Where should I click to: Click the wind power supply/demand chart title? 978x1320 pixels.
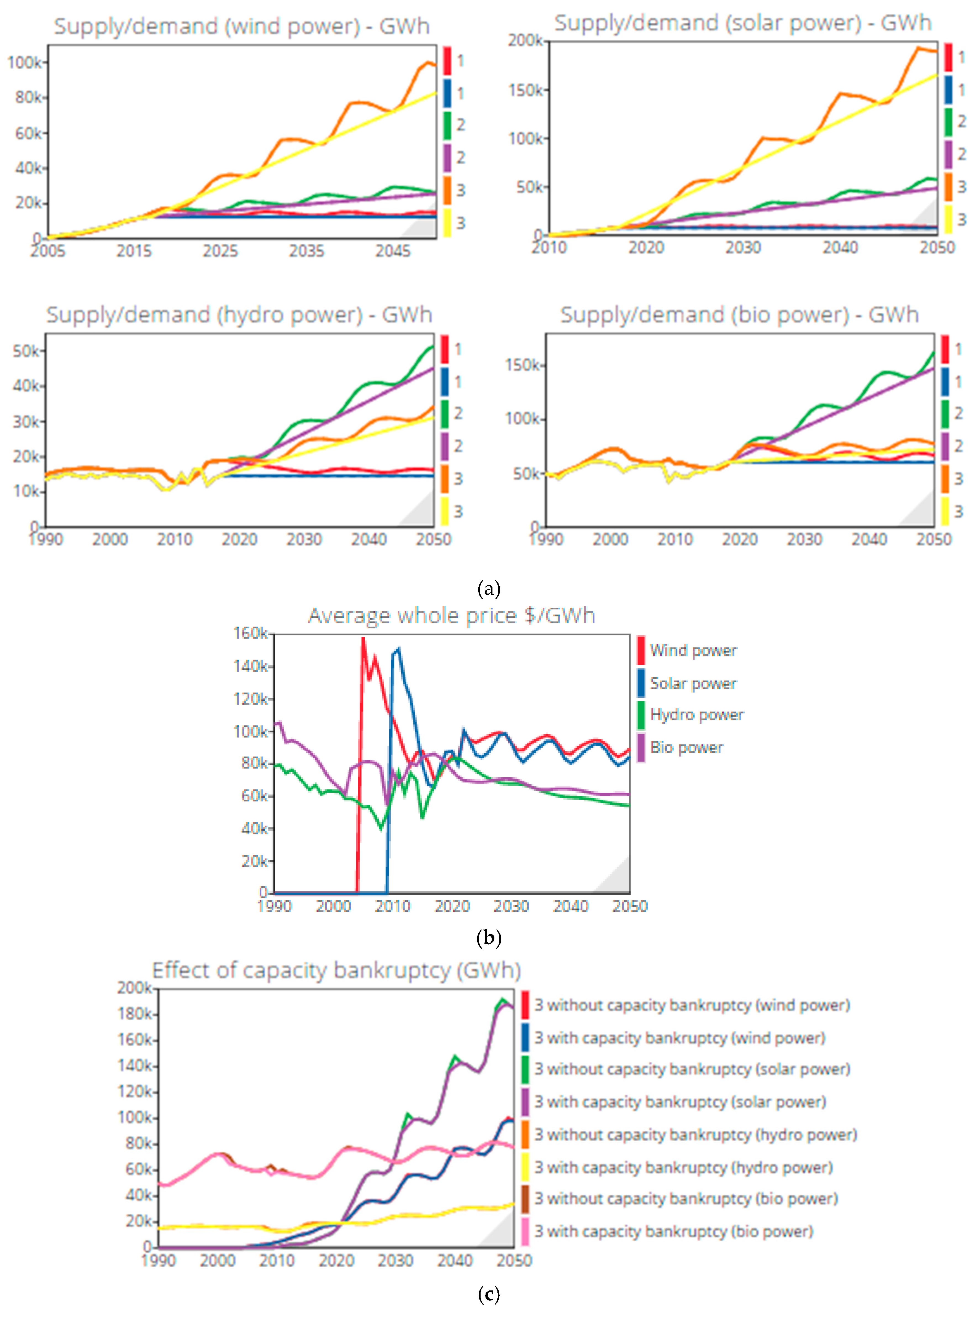[242, 27]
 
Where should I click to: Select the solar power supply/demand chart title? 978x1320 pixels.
[742, 23]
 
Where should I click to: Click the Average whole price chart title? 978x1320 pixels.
[451, 616]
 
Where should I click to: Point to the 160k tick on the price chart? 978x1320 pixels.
[251, 634]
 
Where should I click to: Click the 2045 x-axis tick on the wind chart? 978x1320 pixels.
[392, 251]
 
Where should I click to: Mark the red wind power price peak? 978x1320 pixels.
[363, 638]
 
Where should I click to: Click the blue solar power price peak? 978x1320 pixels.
[398, 649]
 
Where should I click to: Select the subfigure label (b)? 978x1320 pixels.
[489, 938]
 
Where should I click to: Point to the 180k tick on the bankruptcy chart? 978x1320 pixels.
[135, 1014]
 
